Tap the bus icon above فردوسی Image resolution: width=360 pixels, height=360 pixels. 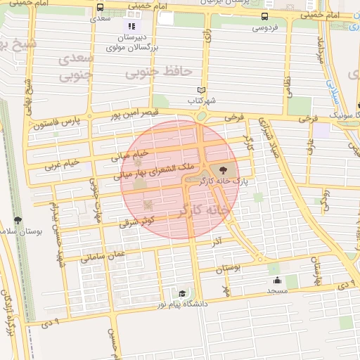click(x=264, y=17)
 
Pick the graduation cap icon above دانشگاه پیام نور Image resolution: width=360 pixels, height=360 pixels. click(x=182, y=293)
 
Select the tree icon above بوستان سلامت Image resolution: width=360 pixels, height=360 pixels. click(x=18, y=220)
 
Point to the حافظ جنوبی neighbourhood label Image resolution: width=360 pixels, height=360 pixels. click(x=149, y=71)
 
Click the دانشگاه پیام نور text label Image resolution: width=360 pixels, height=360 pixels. click(x=182, y=304)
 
